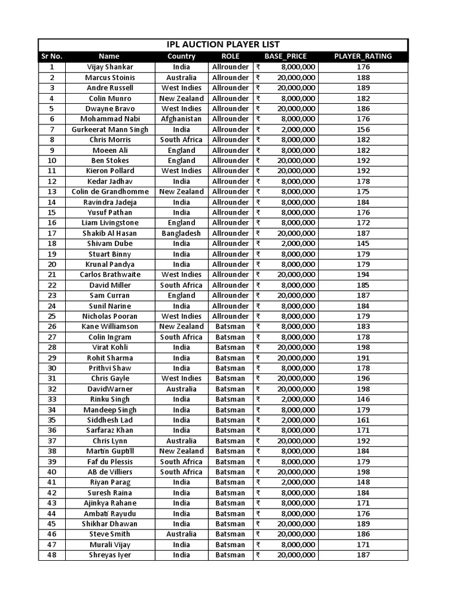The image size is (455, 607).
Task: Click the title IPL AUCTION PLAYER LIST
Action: (x=223, y=45)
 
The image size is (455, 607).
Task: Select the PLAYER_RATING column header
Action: (x=363, y=56)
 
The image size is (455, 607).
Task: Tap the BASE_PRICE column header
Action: (x=286, y=56)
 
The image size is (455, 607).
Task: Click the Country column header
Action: (x=181, y=56)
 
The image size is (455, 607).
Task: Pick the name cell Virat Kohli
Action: (x=110, y=347)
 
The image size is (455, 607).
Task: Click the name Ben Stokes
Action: (x=110, y=161)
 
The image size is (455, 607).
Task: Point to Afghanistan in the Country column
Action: (x=181, y=119)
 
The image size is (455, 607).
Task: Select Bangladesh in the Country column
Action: (x=181, y=233)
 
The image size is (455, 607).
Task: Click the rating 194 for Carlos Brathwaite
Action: (x=363, y=274)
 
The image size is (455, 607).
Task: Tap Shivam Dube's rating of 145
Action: (x=363, y=244)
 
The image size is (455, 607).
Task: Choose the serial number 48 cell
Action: (x=52, y=555)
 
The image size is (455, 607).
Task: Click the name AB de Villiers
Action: (x=110, y=472)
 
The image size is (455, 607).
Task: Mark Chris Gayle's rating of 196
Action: (x=363, y=378)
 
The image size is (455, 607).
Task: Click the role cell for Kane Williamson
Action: (x=230, y=327)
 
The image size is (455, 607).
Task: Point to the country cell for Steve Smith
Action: (x=181, y=534)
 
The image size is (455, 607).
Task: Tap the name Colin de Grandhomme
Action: (x=110, y=191)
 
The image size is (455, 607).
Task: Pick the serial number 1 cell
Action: (x=52, y=67)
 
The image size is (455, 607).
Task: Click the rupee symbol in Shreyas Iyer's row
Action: (x=258, y=555)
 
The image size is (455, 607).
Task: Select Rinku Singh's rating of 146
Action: (x=363, y=399)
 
